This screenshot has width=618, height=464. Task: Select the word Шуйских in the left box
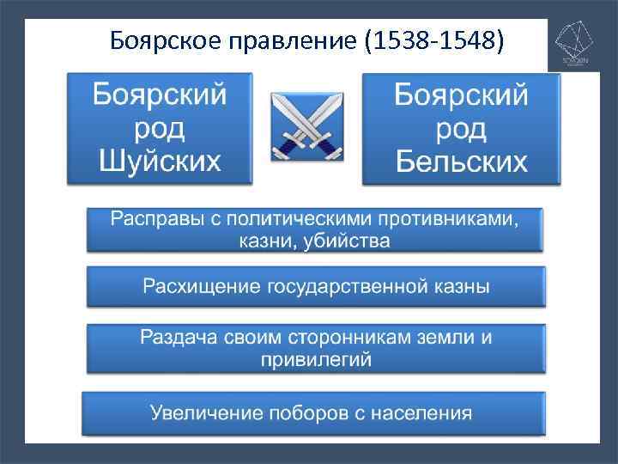point(160,160)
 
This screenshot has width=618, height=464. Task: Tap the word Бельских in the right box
point(461,162)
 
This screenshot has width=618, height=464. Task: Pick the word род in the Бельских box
point(461,129)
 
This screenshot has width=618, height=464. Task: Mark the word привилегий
point(316,359)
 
